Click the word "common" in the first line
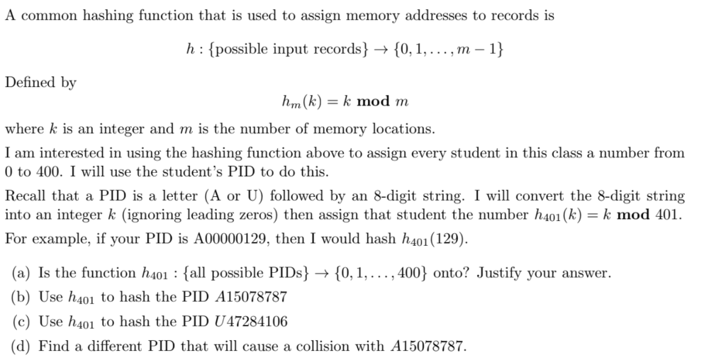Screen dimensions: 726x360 [x=49, y=16]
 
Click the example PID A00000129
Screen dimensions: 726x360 [x=232, y=239]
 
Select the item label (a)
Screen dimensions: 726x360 [x=21, y=273]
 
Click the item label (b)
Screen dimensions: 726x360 [x=21, y=297]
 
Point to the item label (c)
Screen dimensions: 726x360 [x=21, y=322]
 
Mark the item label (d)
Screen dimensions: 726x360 [x=21, y=346]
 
